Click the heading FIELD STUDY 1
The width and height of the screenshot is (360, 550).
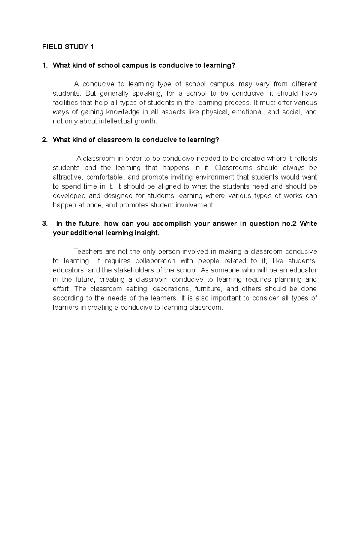(68, 47)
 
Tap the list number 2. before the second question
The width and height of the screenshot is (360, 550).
(45, 140)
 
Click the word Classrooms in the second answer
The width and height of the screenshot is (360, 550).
(233, 168)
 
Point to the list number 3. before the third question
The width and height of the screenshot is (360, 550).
(45, 224)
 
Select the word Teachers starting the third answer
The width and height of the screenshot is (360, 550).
(88, 251)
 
